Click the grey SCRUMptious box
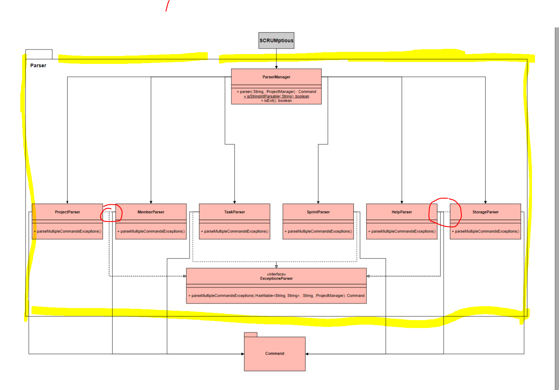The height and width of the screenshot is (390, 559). (x=276, y=41)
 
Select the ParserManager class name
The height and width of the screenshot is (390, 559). (x=276, y=77)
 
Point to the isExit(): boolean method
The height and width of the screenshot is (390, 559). (x=276, y=101)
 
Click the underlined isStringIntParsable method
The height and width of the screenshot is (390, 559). (x=276, y=96)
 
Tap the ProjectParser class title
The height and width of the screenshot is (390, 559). (x=67, y=212)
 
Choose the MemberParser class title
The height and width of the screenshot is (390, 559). (x=151, y=212)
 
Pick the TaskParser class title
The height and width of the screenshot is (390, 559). (x=234, y=212)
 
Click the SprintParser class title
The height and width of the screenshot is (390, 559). (x=318, y=212)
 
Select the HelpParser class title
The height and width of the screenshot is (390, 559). (x=402, y=212)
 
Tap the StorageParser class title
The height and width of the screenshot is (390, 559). (x=485, y=212)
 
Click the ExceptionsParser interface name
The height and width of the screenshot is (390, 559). (x=276, y=279)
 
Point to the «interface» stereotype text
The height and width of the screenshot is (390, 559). (x=276, y=274)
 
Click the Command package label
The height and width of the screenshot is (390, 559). (x=275, y=354)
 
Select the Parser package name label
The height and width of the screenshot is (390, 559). (x=38, y=65)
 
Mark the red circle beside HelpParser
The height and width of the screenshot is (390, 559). (x=445, y=212)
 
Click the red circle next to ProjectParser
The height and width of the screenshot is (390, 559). (x=111, y=213)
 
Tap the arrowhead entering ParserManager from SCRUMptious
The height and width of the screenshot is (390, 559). (x=276, y=67)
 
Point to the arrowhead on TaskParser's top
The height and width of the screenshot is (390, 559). (x=234, y=202)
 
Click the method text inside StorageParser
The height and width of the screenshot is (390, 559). (x=485, y=231)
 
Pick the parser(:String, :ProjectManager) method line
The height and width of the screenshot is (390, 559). (x=276, y=92)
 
